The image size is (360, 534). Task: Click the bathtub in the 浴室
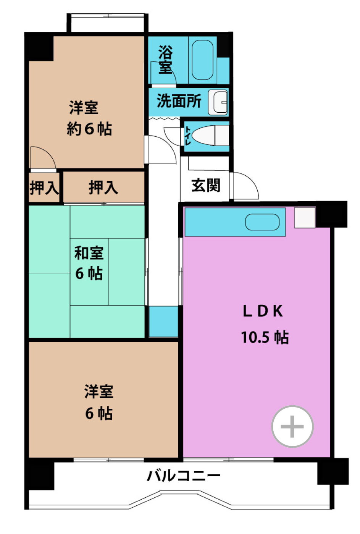tap(202, 60)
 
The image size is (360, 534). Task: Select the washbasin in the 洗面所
tap(218, 102)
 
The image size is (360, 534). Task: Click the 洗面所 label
tap(179, 101)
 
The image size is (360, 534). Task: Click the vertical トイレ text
tap(188, 136)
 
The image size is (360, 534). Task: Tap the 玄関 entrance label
tap(206, 185)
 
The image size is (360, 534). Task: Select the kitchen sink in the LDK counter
tap(262, 222)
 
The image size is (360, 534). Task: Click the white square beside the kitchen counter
tap(305, 217)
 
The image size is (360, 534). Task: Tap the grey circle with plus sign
tap(292, 426)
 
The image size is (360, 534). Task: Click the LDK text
tap(263, 311)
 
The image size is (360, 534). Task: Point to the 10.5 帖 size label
tap(265, 337)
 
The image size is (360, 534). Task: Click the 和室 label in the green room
tap(89, 253)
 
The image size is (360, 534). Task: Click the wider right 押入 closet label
tap(103, 188)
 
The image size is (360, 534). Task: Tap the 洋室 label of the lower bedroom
tap(98, 392)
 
